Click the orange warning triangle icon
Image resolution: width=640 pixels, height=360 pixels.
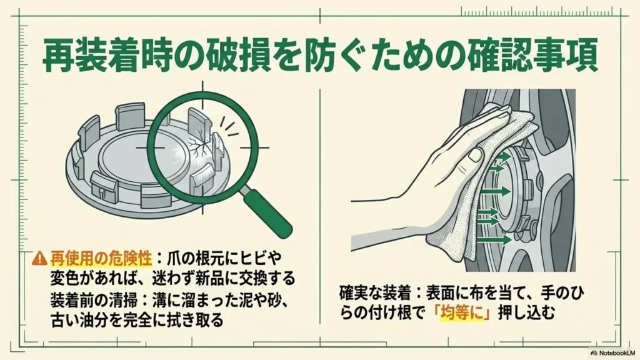[x=39, y=258]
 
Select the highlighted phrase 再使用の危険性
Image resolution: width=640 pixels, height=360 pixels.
[x=101, y=258]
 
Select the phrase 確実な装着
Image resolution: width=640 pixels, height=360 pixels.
[x=376, y=294]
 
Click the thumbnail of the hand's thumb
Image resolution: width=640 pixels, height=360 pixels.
[x=475, y=154]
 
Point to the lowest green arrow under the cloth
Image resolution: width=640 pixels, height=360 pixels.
[x=494, y=239]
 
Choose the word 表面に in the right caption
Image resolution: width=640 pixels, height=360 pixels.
[x=447, y=294]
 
